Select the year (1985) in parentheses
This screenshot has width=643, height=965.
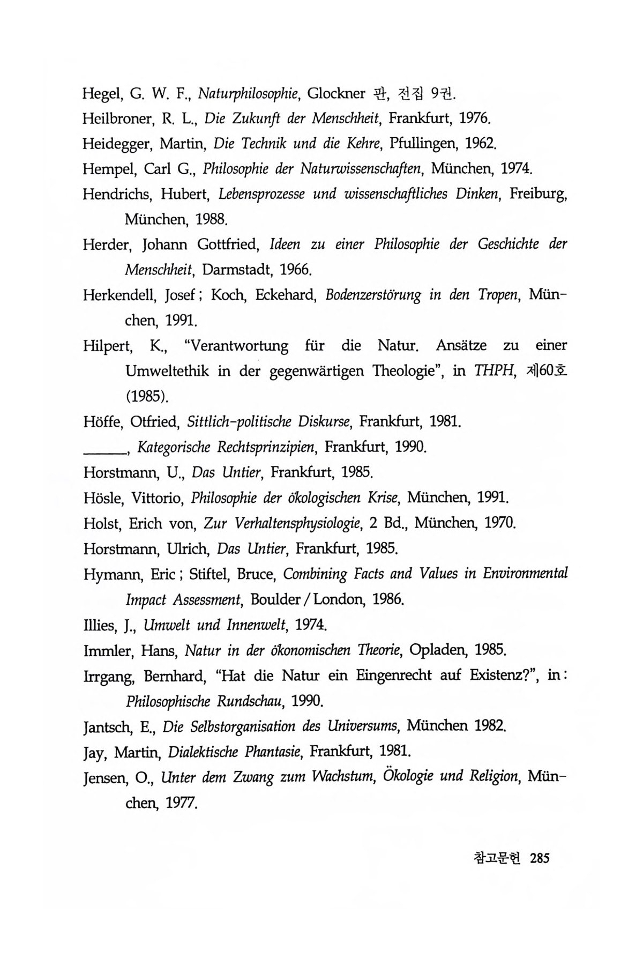[x=147, y=396]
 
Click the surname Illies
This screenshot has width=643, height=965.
[x=100, y=625]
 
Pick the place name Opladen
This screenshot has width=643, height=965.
[x=433, y=650]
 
